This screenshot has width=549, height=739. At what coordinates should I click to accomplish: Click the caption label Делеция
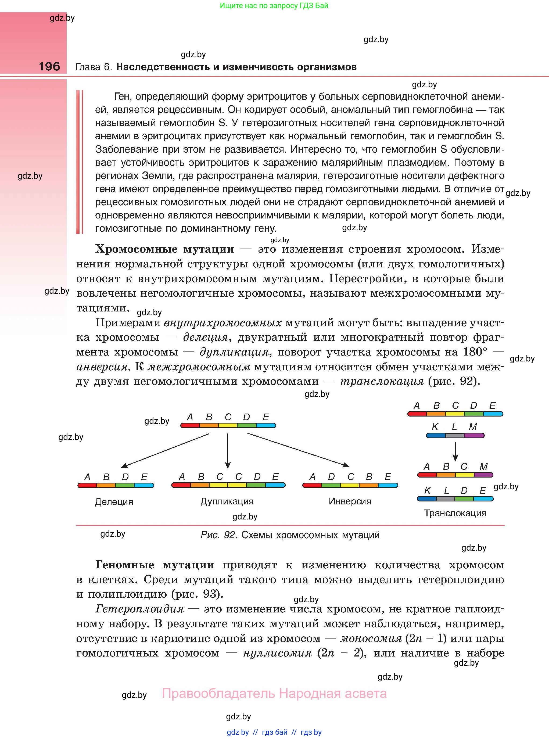tap(114, 501)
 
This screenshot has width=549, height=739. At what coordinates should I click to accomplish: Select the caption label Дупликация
tap(227, 501)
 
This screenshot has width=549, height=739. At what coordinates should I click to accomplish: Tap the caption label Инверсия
tap(350, 501)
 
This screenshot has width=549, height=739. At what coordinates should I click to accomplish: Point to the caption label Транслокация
tap(455, 513)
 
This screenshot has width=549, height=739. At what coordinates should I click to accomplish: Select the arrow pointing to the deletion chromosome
tap(164, 451)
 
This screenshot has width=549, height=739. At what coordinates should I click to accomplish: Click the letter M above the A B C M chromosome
tap(483, 467)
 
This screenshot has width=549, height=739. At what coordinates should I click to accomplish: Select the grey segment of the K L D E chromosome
tap(445, 499)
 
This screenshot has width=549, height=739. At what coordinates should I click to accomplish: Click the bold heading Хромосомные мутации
tap(164, 249)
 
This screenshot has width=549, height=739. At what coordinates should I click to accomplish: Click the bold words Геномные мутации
tap(155, 565)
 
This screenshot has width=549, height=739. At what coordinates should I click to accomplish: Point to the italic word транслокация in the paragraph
tap(382, 381)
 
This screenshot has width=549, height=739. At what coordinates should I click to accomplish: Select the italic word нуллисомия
tap(278, 653)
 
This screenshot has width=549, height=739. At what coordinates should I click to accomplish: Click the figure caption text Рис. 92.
tap(218, 535)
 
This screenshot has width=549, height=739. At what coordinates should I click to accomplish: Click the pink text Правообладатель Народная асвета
tap(274, 694)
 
